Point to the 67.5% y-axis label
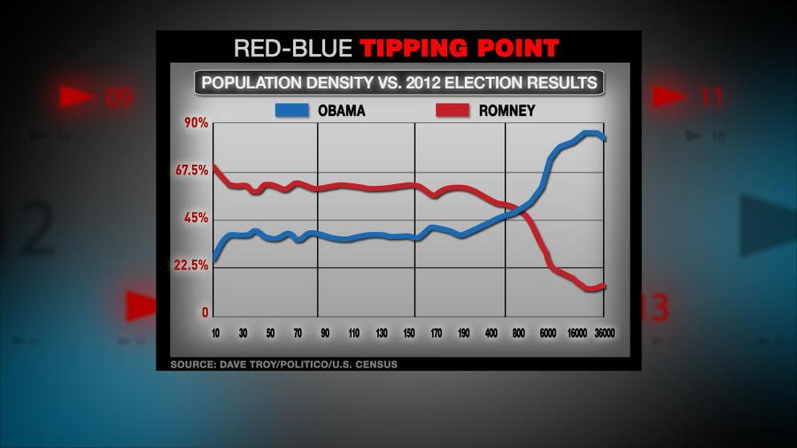coord(190,171)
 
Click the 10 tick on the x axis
coord(215,333)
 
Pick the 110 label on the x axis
coord(353,333)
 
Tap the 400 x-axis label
coord(491,333)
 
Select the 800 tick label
coord(518,333)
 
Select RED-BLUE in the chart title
coord(281,48)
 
